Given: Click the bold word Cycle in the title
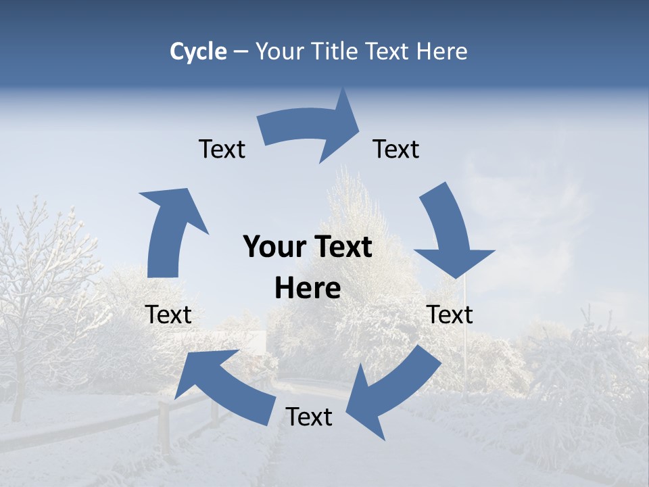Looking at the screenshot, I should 198,51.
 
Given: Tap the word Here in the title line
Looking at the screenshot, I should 442,51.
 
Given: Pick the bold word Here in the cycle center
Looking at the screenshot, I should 308,288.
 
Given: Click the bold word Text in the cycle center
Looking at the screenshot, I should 342,247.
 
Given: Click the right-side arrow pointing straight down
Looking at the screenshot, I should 450,233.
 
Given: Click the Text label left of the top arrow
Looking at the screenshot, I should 222,149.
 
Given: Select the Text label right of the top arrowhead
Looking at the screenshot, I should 396,149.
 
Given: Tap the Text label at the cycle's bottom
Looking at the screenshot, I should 309,417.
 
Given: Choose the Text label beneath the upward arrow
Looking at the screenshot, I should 168,315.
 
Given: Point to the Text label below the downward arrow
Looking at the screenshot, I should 450,315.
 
